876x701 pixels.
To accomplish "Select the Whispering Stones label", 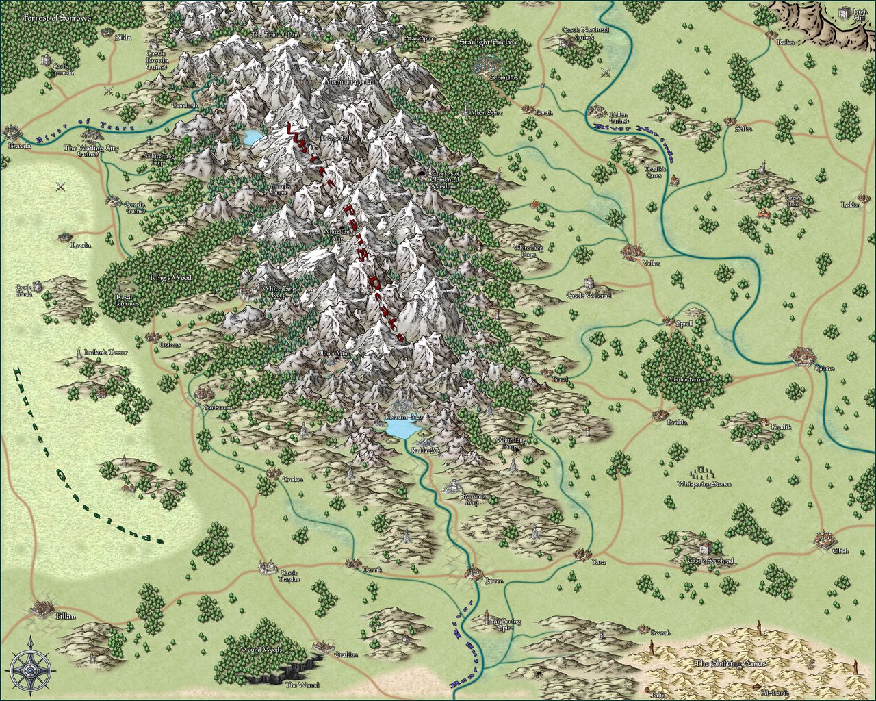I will pos(704,484).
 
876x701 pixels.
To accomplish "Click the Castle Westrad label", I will pos(589,296).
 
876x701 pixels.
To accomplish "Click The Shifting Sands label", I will pos(730,663).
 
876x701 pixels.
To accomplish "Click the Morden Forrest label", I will pos(685,379).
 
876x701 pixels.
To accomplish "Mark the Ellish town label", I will pos(840,551).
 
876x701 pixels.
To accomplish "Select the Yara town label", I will pos(599,562).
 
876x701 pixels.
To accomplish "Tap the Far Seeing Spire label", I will pos(506,624).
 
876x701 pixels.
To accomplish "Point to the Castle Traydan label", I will pos(289,576).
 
